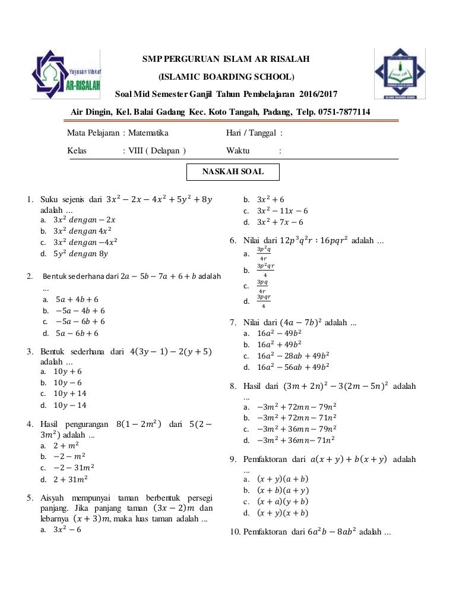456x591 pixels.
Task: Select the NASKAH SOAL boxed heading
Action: coord(233,172)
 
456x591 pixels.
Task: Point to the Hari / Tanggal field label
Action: coord(251,133)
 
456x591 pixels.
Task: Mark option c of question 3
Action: coord(69,394)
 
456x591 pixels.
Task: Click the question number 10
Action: coord(235,532)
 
